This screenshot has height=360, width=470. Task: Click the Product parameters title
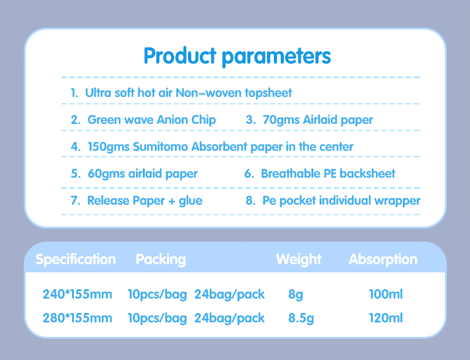(237, 56)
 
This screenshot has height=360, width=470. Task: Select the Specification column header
(76, 259)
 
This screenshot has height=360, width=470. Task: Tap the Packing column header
(160, 259)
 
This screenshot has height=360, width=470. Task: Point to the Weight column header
(298, 259)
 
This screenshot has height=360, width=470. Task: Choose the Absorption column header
(383, 259)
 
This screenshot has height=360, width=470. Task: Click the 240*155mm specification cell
(77, 294)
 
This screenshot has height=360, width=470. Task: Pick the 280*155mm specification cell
(77, 318)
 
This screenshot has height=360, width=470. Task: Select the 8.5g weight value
(301, 318)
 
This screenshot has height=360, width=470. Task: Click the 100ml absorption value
(386, 294)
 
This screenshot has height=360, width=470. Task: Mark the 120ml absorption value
(386, 318)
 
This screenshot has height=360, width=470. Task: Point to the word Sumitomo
(158, 147)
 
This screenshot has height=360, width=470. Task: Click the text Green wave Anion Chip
(151, 120)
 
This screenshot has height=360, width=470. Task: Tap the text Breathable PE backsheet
(328, 173)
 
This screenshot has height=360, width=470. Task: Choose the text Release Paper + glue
(145, 201)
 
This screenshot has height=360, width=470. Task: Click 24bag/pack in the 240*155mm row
(229, 294)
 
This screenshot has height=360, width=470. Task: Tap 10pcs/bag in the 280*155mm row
(157, 318)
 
